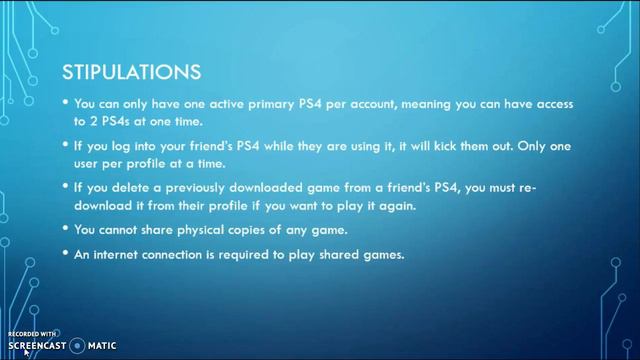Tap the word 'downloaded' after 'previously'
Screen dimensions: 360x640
257,189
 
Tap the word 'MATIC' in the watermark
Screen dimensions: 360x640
102,346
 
